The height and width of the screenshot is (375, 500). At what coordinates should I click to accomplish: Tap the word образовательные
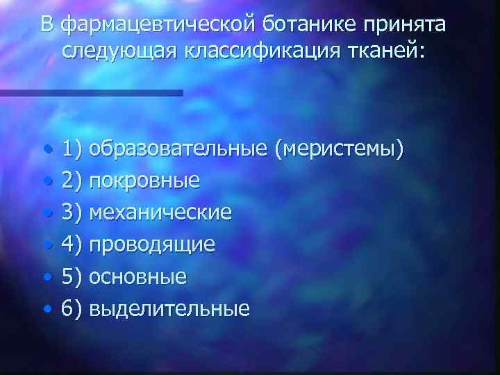pos(178,149)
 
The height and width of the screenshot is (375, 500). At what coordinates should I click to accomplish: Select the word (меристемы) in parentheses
pos(338,149)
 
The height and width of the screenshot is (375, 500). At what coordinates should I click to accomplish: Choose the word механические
pos(160,212)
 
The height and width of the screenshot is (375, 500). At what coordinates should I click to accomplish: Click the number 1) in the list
pos(72,149)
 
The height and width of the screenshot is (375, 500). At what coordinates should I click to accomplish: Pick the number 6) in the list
pos(72,308)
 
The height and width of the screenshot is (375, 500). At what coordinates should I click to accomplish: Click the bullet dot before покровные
pos(45,181)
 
